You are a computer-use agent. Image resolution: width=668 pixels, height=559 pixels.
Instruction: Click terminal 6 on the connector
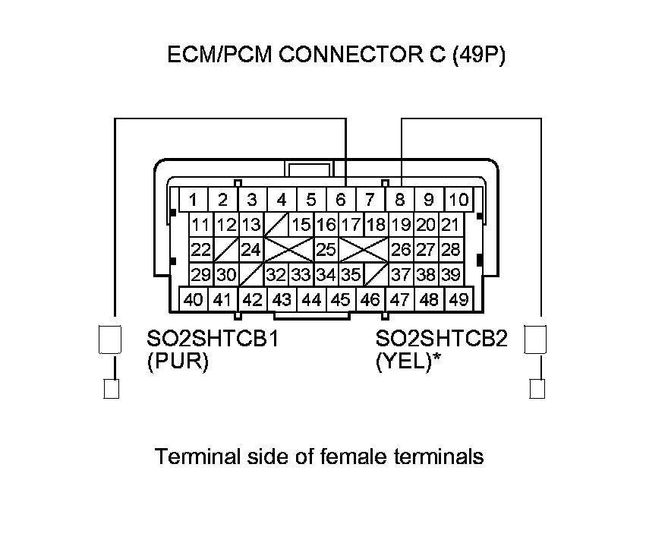click(341, 201)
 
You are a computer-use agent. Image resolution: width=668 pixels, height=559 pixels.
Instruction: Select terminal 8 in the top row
click(399, 201)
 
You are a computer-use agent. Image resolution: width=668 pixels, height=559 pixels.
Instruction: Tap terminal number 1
click(194, 201)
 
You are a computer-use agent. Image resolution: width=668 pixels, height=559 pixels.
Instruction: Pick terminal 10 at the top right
click(458, 201)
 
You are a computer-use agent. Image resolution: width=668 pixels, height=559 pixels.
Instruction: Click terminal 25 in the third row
click(326, 249)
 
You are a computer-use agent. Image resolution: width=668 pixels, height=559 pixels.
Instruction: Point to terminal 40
click(193, 299)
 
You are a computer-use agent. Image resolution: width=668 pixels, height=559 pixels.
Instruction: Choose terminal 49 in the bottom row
click(458, 299)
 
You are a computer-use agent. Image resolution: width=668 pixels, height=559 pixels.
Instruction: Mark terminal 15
click(302, 225)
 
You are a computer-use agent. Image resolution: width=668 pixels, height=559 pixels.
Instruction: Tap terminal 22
click(200, 249)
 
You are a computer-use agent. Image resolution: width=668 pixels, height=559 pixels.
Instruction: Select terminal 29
click(200, 273)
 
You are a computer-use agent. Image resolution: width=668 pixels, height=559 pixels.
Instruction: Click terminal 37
click(401, 273)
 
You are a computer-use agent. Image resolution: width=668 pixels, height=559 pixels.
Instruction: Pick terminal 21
click(450, 225)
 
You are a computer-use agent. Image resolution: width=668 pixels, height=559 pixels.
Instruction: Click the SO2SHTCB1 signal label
click(212, 339)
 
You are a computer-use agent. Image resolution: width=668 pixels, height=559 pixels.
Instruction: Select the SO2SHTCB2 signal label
click(441, 339)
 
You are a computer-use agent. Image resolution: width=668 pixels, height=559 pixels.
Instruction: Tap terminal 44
click(311, 299)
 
